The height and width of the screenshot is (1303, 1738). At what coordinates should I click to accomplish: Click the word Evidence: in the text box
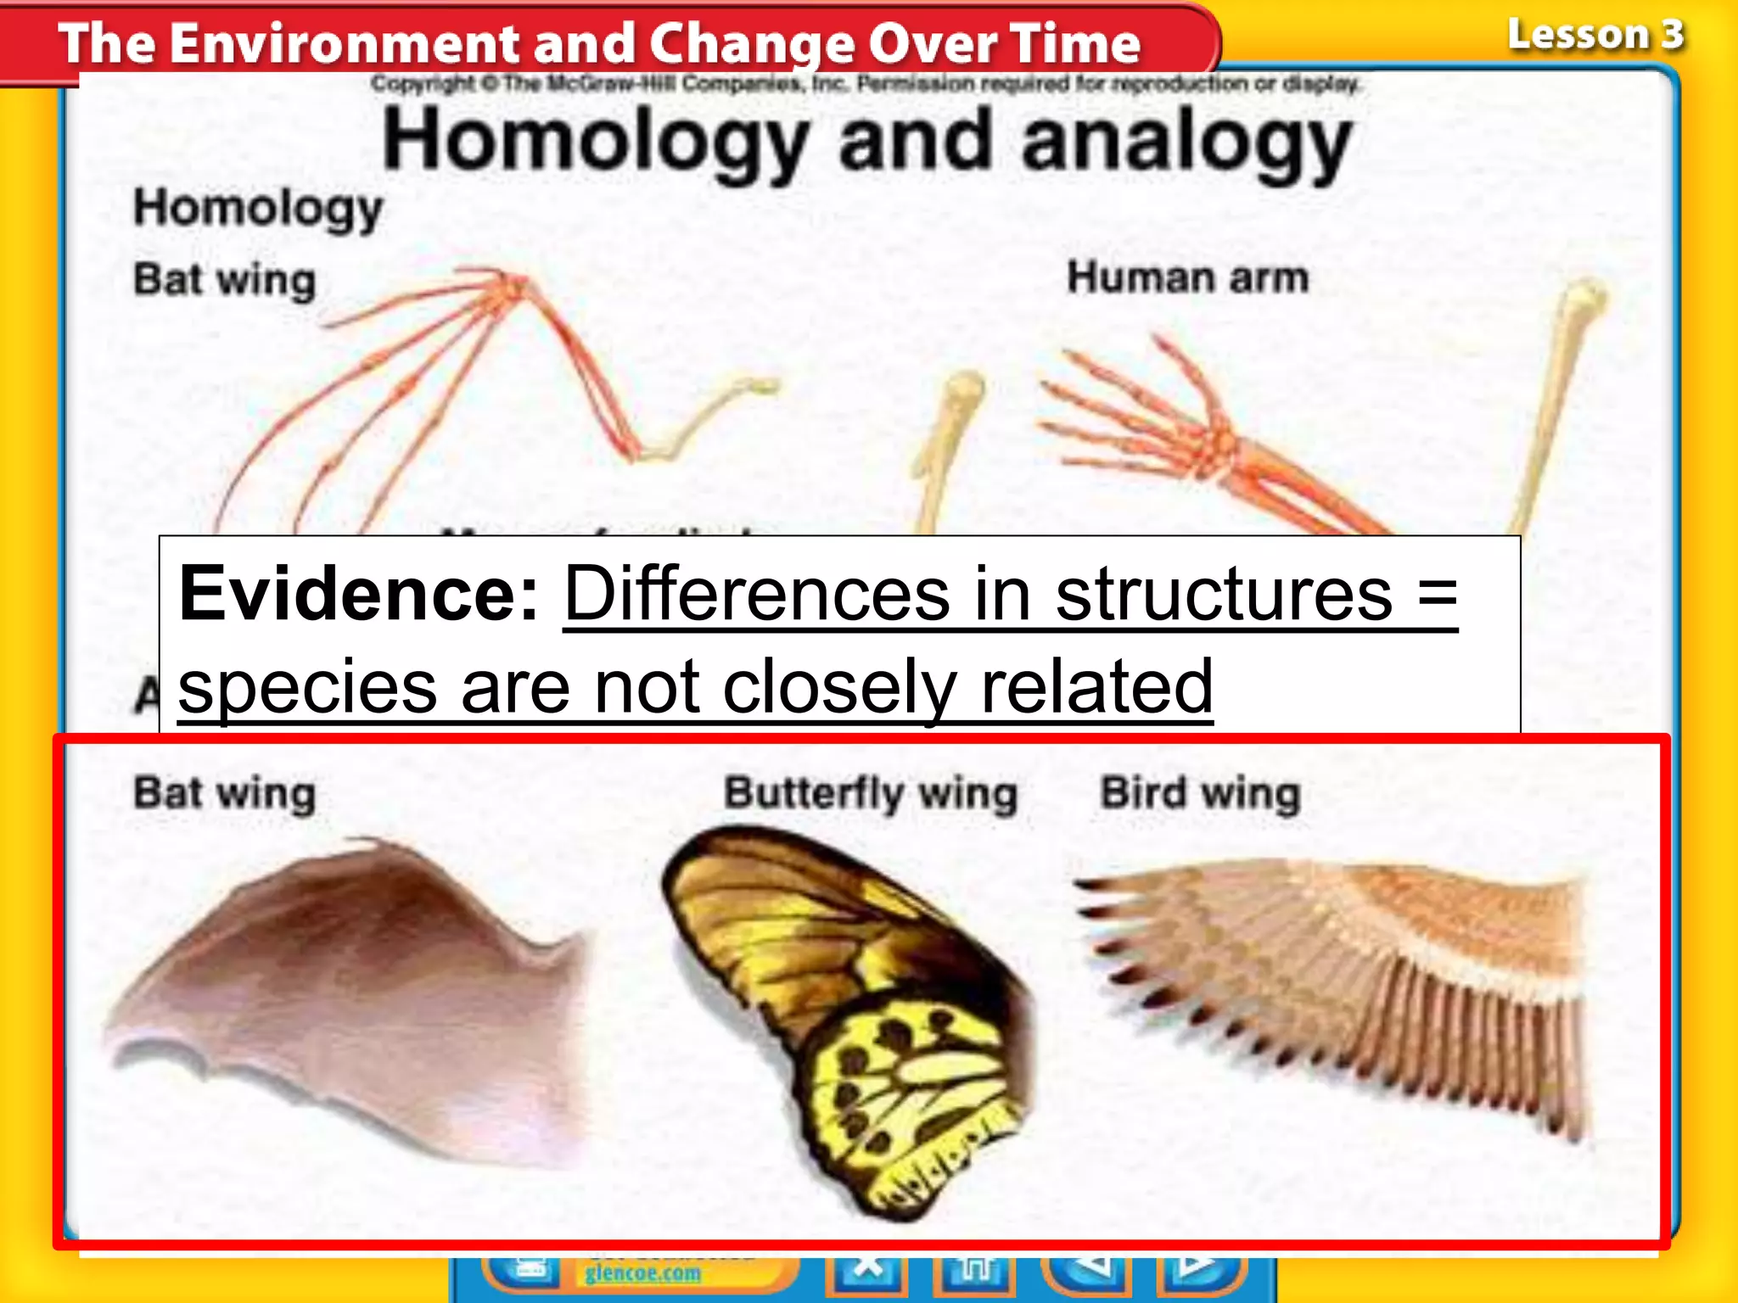(357, 594)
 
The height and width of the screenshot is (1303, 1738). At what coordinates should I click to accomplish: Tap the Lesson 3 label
(1595, 36)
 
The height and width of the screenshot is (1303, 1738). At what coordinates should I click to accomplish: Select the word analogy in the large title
(1185, 143)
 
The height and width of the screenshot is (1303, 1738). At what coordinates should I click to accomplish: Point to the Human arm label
(1187, 278)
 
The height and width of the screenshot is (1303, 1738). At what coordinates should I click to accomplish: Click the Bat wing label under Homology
(224, 280)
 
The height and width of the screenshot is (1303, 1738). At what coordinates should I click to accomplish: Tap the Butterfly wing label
(870, 794)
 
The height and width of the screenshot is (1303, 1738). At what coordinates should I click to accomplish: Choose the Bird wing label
(1200, 794)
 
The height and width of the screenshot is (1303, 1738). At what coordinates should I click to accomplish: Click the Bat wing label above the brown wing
(224, 794)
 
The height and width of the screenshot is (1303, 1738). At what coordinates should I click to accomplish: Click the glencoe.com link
(642, 1273)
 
